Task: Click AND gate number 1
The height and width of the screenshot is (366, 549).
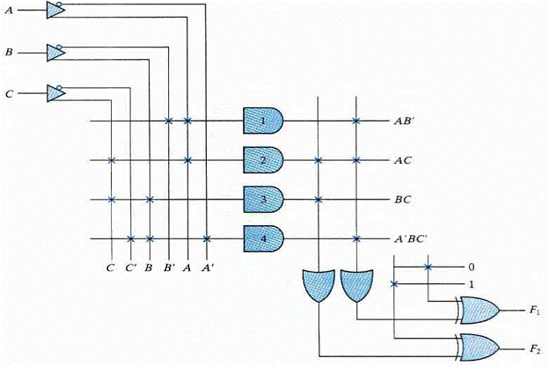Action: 263,121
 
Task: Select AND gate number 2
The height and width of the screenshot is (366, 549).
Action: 263,160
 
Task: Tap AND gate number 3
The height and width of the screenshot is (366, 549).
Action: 263,200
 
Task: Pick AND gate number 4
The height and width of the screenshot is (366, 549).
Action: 263,238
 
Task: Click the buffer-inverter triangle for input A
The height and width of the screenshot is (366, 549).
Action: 55,10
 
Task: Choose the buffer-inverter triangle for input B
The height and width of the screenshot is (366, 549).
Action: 55,53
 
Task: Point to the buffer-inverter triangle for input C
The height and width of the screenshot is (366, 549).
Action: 55,93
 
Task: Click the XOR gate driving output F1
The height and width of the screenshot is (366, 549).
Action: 478,311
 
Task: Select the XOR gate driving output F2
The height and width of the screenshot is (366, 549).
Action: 478,348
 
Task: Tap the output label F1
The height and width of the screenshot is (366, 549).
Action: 534,311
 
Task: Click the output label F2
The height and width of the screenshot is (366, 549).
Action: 534,348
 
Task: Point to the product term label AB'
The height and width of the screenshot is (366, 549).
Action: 405,121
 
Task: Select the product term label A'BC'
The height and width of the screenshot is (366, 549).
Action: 410,238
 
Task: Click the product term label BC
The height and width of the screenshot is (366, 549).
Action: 403,200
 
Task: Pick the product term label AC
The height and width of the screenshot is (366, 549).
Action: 403,160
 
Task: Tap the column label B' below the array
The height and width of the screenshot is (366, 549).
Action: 170,268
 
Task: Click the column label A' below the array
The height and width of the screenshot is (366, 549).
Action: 208,268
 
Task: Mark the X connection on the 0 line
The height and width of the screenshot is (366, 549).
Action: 428,267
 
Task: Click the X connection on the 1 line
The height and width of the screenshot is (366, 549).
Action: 394,284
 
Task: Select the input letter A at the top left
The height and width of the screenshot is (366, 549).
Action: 9,11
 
